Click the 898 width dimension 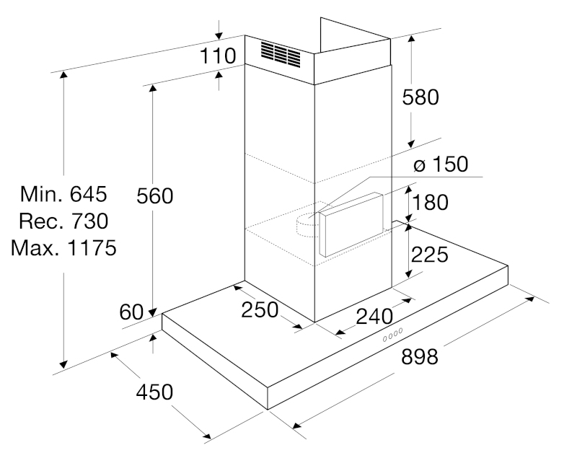coord(420,356)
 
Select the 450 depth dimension coord(154,392)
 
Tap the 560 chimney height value coord(154,195)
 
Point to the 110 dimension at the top coord(218,56)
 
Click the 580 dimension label coord(420,97)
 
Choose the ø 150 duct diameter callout coord(441,164)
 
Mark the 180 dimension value coord(430,202)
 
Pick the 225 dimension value coord(429,255)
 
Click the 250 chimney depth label coord(260,310)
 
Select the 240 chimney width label coord(374,317)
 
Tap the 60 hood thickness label coord(131,312)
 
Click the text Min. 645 coord(63,193)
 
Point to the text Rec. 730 coord(63,221)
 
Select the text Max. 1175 coord(63,247)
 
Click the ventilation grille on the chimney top coord(281,54)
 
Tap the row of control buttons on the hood coord(392,335)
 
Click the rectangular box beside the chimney coord(351,224)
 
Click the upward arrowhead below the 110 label coord(219,75)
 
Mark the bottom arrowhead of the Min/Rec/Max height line coord(63,364)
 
